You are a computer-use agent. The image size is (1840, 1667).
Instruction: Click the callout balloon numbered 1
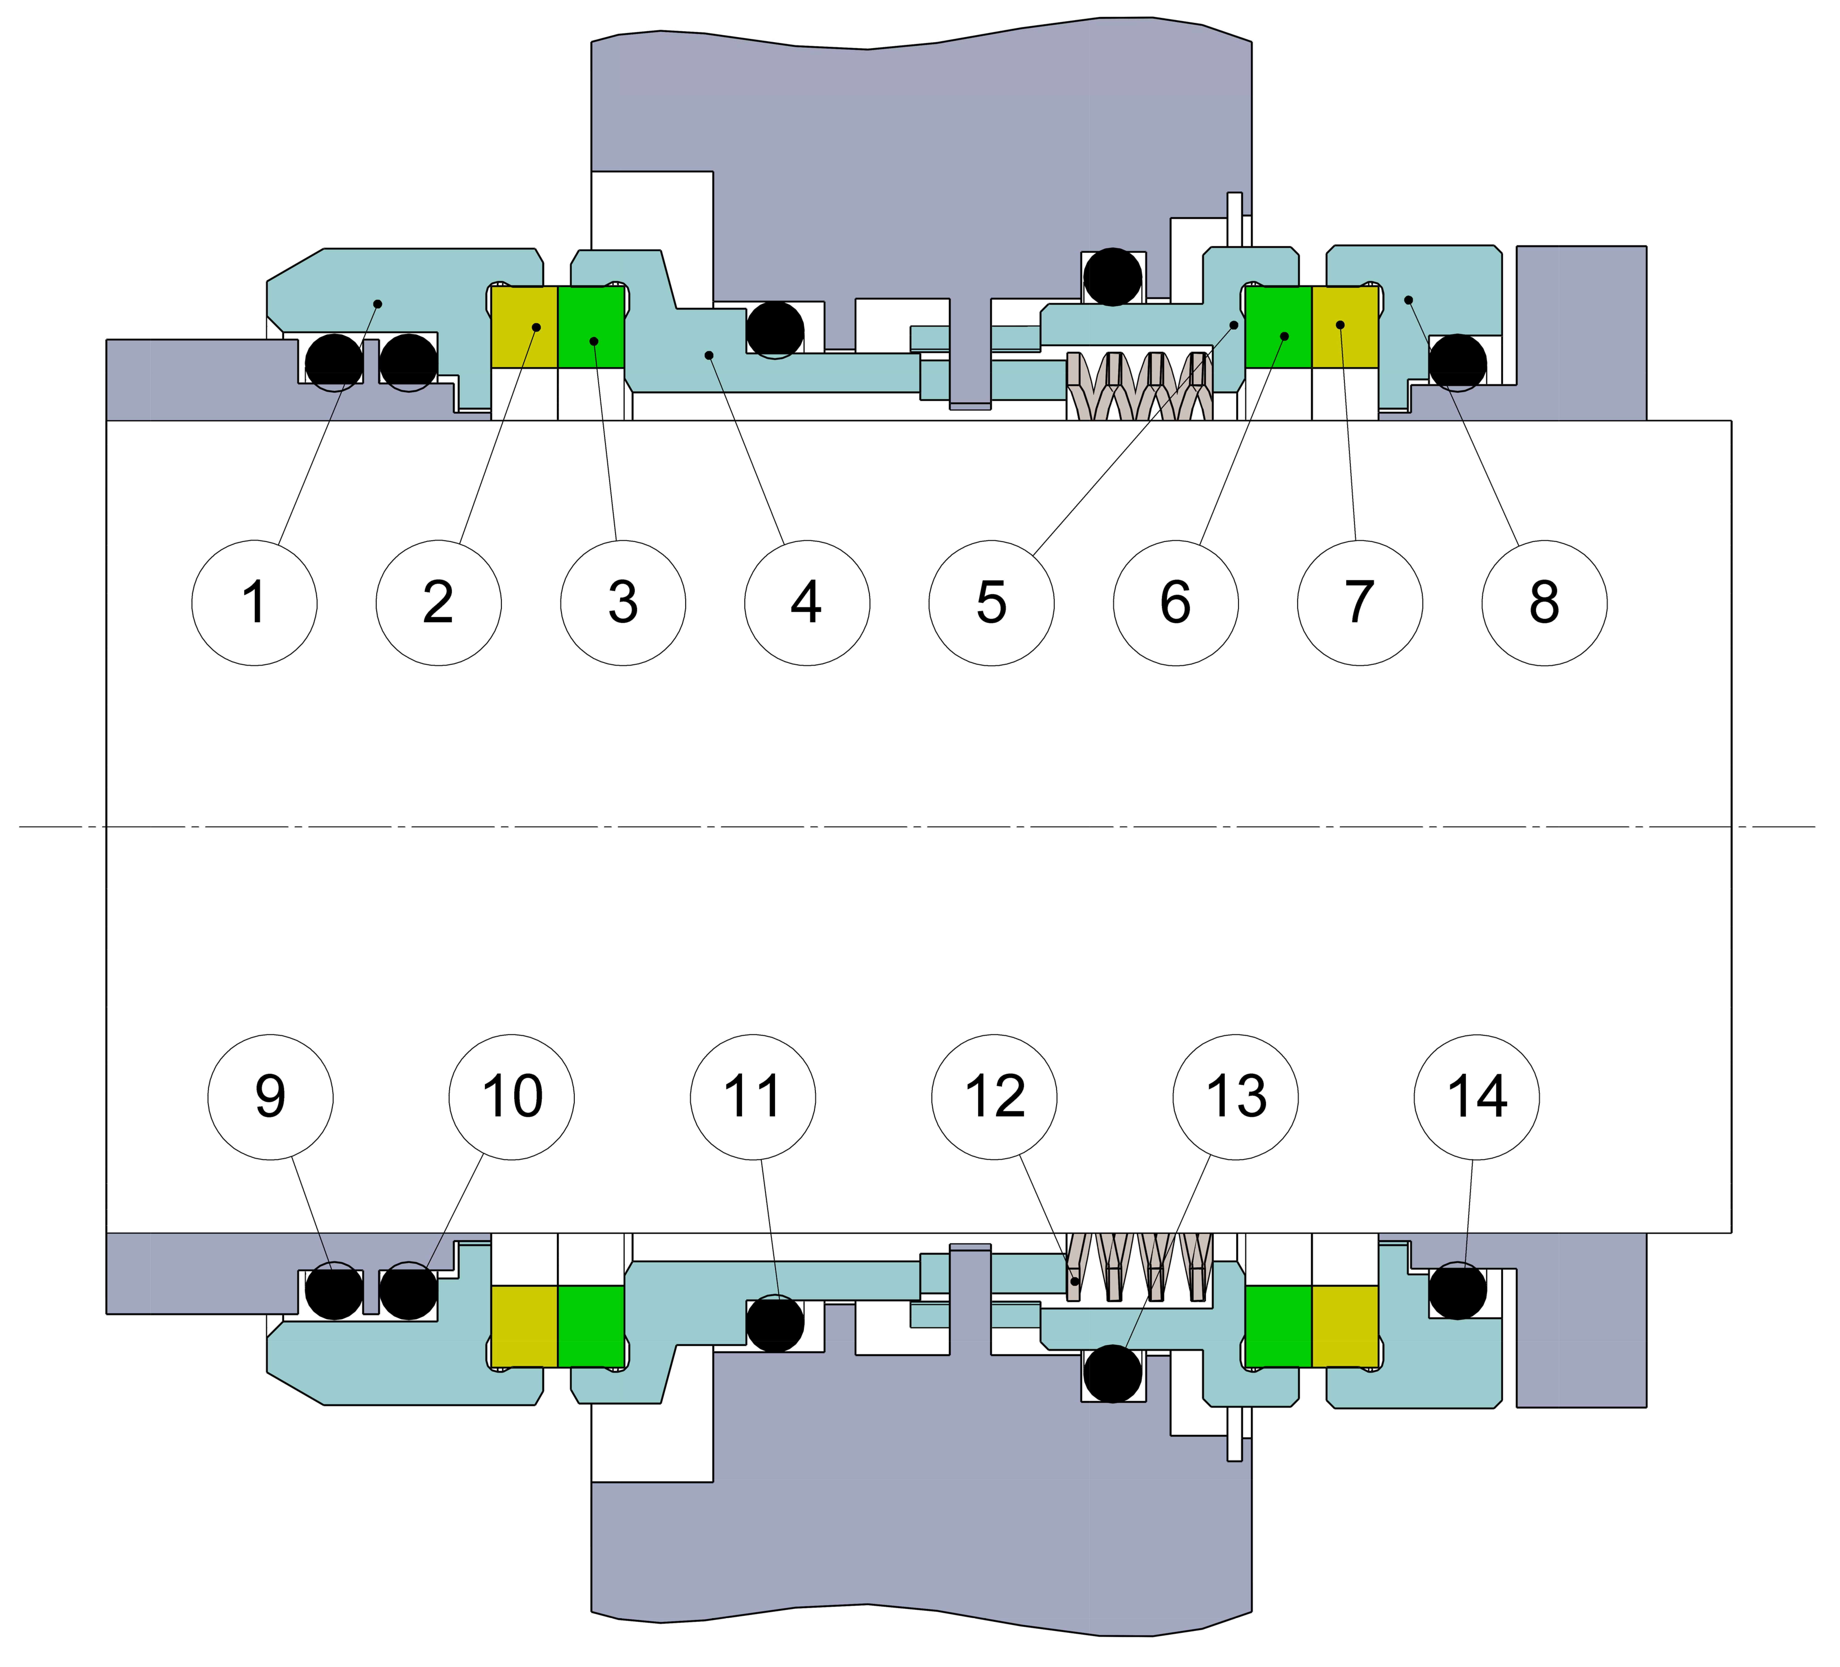[x=255, y=603]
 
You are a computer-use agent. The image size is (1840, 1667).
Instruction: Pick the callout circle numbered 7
[x=1360, y=603]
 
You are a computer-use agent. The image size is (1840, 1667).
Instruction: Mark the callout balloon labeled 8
[x=1544, y=603]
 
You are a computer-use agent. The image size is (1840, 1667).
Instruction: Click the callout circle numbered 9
[x=270, y=1097]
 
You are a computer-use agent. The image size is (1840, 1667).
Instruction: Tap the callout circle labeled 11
[x=753, y=1097]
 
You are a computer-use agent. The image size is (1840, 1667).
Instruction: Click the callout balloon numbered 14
[x=1477, y=1097]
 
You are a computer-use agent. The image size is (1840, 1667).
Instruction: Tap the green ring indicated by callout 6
[x=1279, y=327]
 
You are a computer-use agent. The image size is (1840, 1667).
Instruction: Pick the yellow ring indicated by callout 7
[x=1344, y=327]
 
